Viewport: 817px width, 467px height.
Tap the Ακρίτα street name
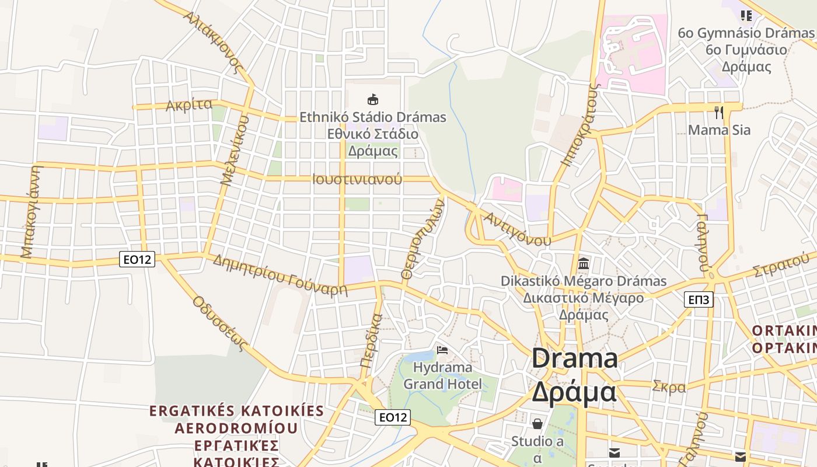[188, 105]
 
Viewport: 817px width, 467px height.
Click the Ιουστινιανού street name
[357, 179]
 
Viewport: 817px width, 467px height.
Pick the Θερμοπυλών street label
[423, 238]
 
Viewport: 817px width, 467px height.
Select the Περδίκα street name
[371, 340]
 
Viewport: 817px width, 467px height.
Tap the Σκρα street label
[669, 386]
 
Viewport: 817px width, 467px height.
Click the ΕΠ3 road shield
[698, 300]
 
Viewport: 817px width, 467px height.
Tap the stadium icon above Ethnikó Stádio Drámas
[373, 99]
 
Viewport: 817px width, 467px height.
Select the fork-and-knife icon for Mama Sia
[719, 112]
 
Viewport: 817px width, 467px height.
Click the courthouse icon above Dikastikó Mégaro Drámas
[583, 263]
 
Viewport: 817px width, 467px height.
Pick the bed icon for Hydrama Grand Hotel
[443, 350]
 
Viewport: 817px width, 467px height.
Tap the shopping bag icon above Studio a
[537, 423]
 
